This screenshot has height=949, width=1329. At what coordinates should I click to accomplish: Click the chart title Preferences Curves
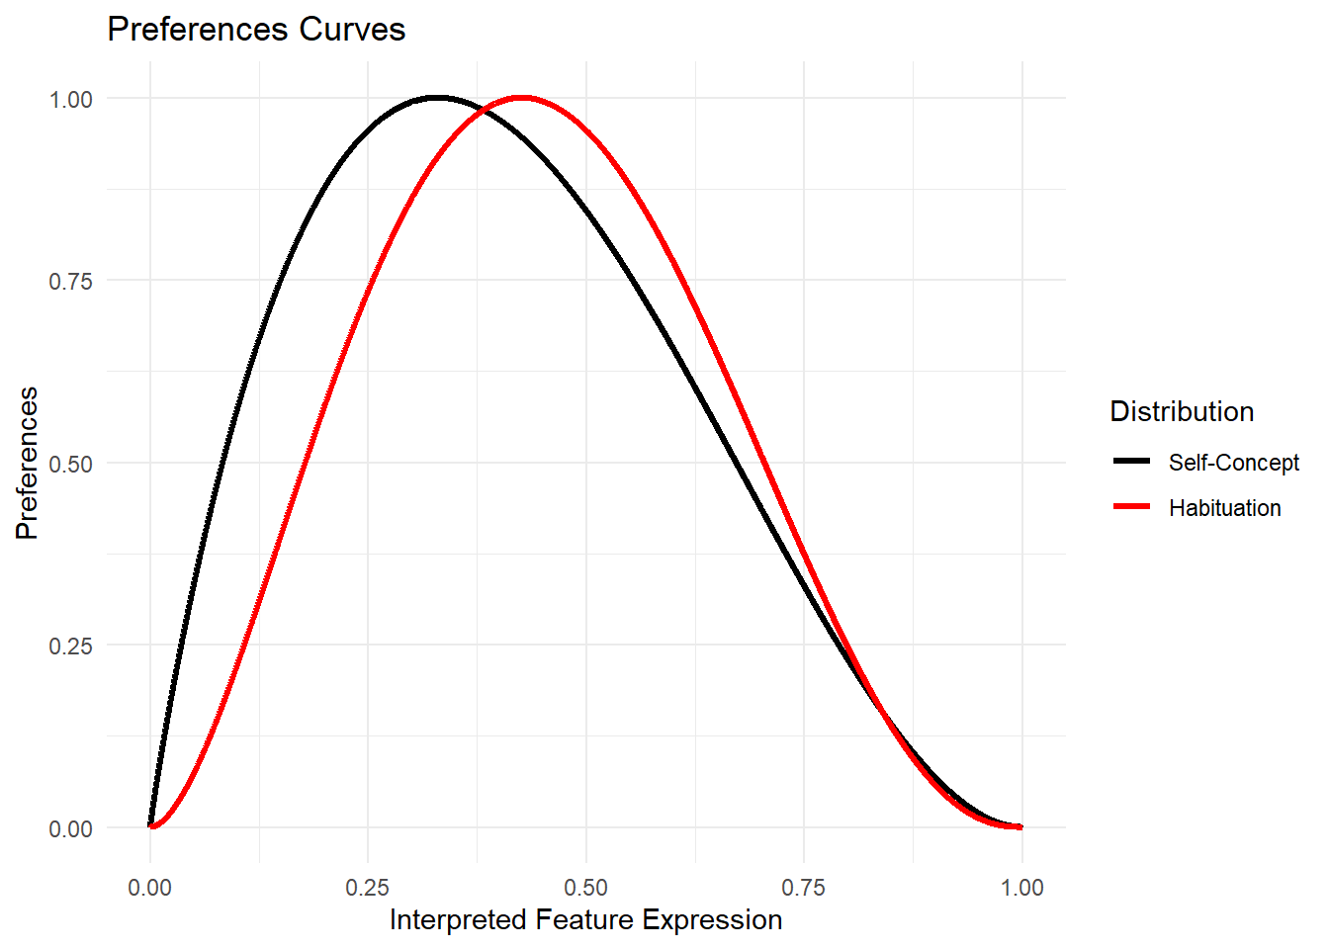pos(256,30)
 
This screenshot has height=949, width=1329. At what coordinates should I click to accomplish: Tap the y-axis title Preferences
pos(28,463)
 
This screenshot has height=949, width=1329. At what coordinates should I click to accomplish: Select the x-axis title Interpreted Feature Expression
pos(585,920)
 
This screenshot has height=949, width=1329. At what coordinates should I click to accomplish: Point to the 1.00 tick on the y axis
pos(71,99)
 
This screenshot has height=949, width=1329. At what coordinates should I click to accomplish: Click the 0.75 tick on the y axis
pos(71,281)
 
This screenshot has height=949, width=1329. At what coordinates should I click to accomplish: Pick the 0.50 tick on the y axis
pos(71,464)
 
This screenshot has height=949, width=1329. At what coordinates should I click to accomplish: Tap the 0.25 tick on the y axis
pos(71,646)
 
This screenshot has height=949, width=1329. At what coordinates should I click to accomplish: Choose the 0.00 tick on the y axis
pos(71,828)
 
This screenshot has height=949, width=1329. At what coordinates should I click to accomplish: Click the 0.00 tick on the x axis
pos(150,887)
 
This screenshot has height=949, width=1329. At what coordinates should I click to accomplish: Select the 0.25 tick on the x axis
pos(368,887)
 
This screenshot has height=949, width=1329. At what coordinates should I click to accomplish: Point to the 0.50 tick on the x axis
pos(586,887)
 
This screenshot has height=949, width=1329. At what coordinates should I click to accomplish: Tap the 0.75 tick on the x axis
pos(804,887)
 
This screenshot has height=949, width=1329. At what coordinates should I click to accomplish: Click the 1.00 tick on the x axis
pos(1021,887)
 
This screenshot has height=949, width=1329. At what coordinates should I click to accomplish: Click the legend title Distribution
pos(1182,411)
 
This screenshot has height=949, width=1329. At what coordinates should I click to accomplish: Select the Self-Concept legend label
pos(1233,463)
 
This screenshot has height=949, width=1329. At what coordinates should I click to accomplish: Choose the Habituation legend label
pos(1224,508)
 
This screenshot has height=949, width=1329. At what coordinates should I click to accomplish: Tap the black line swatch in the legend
pos(1131,462)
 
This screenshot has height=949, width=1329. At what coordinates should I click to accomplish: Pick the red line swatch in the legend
pos(1131,507)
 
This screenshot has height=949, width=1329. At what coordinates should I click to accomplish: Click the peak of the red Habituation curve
pos(522,98)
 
